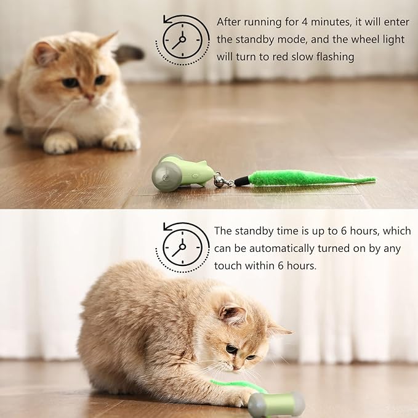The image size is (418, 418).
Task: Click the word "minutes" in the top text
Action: pyautogui.click(x=323, y=22)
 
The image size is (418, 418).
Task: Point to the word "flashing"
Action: pyautogui.click(x=334, y=57)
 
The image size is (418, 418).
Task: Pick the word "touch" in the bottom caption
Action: pyautogui.click(x=228, y=266)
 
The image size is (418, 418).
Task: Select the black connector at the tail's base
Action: pyautogui.click(x=241, y=182)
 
